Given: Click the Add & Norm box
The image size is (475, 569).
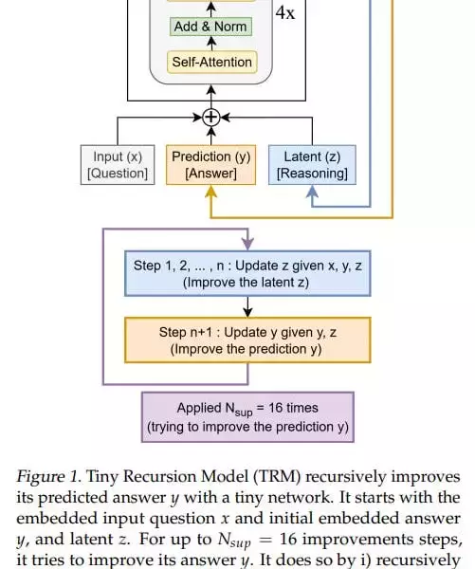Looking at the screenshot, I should pyautogui.click(x=211, y=27).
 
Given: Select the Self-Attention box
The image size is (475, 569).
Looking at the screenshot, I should pyautogui.click(x=211, y=63).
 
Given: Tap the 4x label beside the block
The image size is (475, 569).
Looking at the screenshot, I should pyautogui.click(x=284, y=14).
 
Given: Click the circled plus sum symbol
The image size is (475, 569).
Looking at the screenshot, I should pyautogui.click(x=211, y=118).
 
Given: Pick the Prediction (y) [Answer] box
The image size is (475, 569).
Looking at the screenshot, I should pyautogui.click(x=211, y=165).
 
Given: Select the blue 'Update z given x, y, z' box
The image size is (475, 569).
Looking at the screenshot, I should pyautogui.click(x=247, y=274).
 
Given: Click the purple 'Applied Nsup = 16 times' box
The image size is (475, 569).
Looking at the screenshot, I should pyautogui.click(x=247, y=417).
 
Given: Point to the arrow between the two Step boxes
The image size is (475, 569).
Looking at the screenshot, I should pyautogui.click(x=247, y=306).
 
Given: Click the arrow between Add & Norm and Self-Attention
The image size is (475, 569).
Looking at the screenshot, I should pyautogui.click(x=211, y=44).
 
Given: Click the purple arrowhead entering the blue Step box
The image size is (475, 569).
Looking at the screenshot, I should pyautogui.click(x=247, y=245).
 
